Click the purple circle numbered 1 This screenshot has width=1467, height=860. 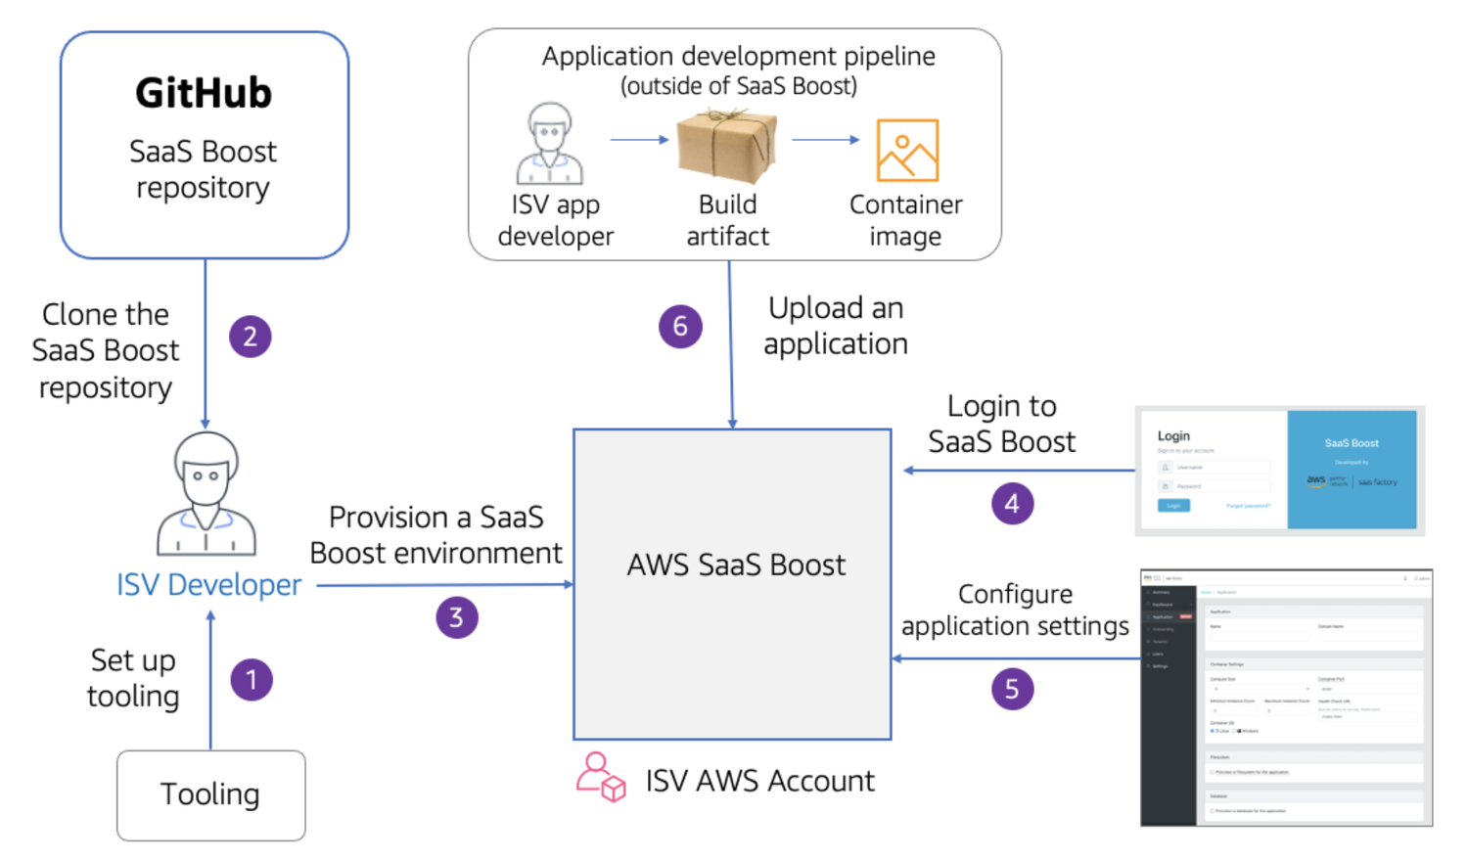point(252,680)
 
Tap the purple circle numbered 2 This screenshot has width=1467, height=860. point(251,337)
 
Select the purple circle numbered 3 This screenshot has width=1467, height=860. point(456,617)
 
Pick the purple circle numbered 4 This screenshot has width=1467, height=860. point(1012,504)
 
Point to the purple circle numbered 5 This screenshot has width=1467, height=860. point(1012,689)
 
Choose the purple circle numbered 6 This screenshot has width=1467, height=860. point(680,327)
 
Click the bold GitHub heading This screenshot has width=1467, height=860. point(204,94)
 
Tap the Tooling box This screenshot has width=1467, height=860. point(210,794)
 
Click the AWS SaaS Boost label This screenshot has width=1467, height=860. point(736,566)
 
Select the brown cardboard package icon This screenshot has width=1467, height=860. point(727,147)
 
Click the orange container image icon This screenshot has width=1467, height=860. point(907,151)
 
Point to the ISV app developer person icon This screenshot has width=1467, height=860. point(550,145)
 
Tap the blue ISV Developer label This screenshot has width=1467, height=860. point(208,585)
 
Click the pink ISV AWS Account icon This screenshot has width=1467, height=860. point(600,778)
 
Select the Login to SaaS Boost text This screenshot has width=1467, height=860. point(1001,424)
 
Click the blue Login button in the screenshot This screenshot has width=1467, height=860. point(1173,506)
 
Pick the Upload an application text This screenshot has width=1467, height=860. point(836,326)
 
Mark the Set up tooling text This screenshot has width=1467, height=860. point(133,678)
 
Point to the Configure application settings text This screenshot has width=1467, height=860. point(1015,610)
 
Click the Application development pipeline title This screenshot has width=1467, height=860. point(738,57)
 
